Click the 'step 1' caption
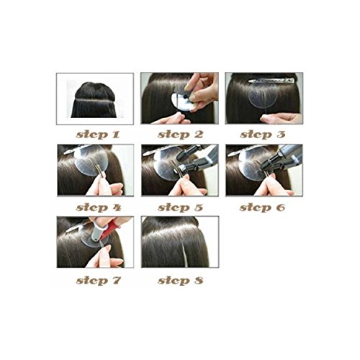click(98, 135)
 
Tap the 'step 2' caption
click(180, 135)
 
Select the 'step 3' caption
click(263, 135)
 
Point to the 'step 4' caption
click(99, 207)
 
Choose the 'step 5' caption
click(180, 207)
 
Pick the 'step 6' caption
click(262, 207)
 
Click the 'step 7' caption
click(99, 281)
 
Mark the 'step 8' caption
click(180, 281)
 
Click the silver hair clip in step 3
click(271, 81)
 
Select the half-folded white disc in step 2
click(181, 102)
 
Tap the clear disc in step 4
click(90, 160)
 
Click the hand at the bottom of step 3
click(282, 118)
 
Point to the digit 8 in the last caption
click(199, 281)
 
